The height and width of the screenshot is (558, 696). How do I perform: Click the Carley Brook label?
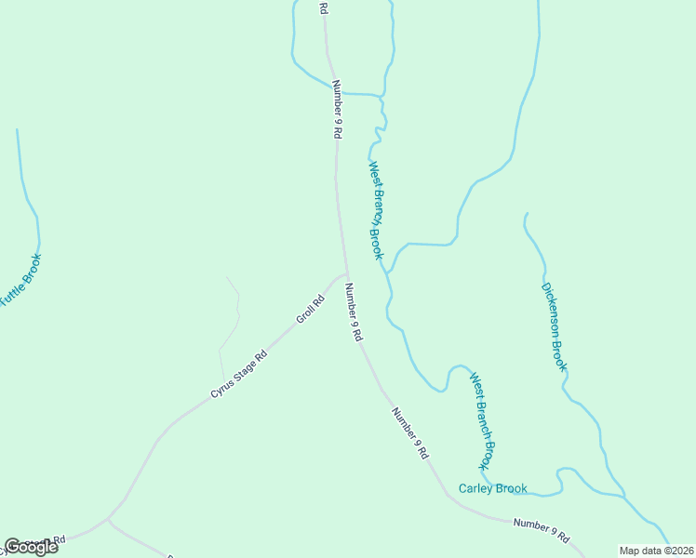coord(493,488)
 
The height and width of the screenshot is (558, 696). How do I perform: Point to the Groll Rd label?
coord(309,309)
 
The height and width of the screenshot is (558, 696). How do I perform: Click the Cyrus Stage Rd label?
coord(238,373)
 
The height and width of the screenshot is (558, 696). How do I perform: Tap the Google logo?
coord(31,547)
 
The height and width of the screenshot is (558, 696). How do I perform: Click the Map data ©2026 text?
coord(657,551)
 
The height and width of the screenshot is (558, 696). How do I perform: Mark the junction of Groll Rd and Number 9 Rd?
coord(346,274)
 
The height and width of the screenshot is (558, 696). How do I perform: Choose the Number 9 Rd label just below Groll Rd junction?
coord(353,312)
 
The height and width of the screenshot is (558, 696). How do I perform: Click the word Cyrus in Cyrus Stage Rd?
coord(221,387)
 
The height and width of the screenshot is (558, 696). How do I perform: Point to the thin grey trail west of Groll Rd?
coord(232,321)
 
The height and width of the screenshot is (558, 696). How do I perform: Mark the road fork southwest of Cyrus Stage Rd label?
coord(109,518)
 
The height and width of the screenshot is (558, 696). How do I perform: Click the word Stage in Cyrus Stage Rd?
coord(250,363)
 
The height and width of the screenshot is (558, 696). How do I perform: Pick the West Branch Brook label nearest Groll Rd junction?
coord(375,210)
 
